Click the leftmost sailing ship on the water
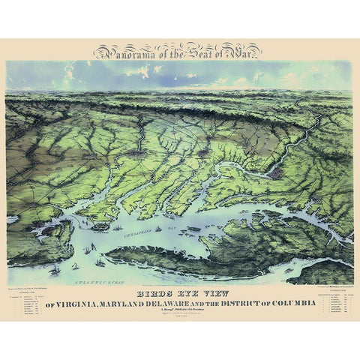[56, 268]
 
